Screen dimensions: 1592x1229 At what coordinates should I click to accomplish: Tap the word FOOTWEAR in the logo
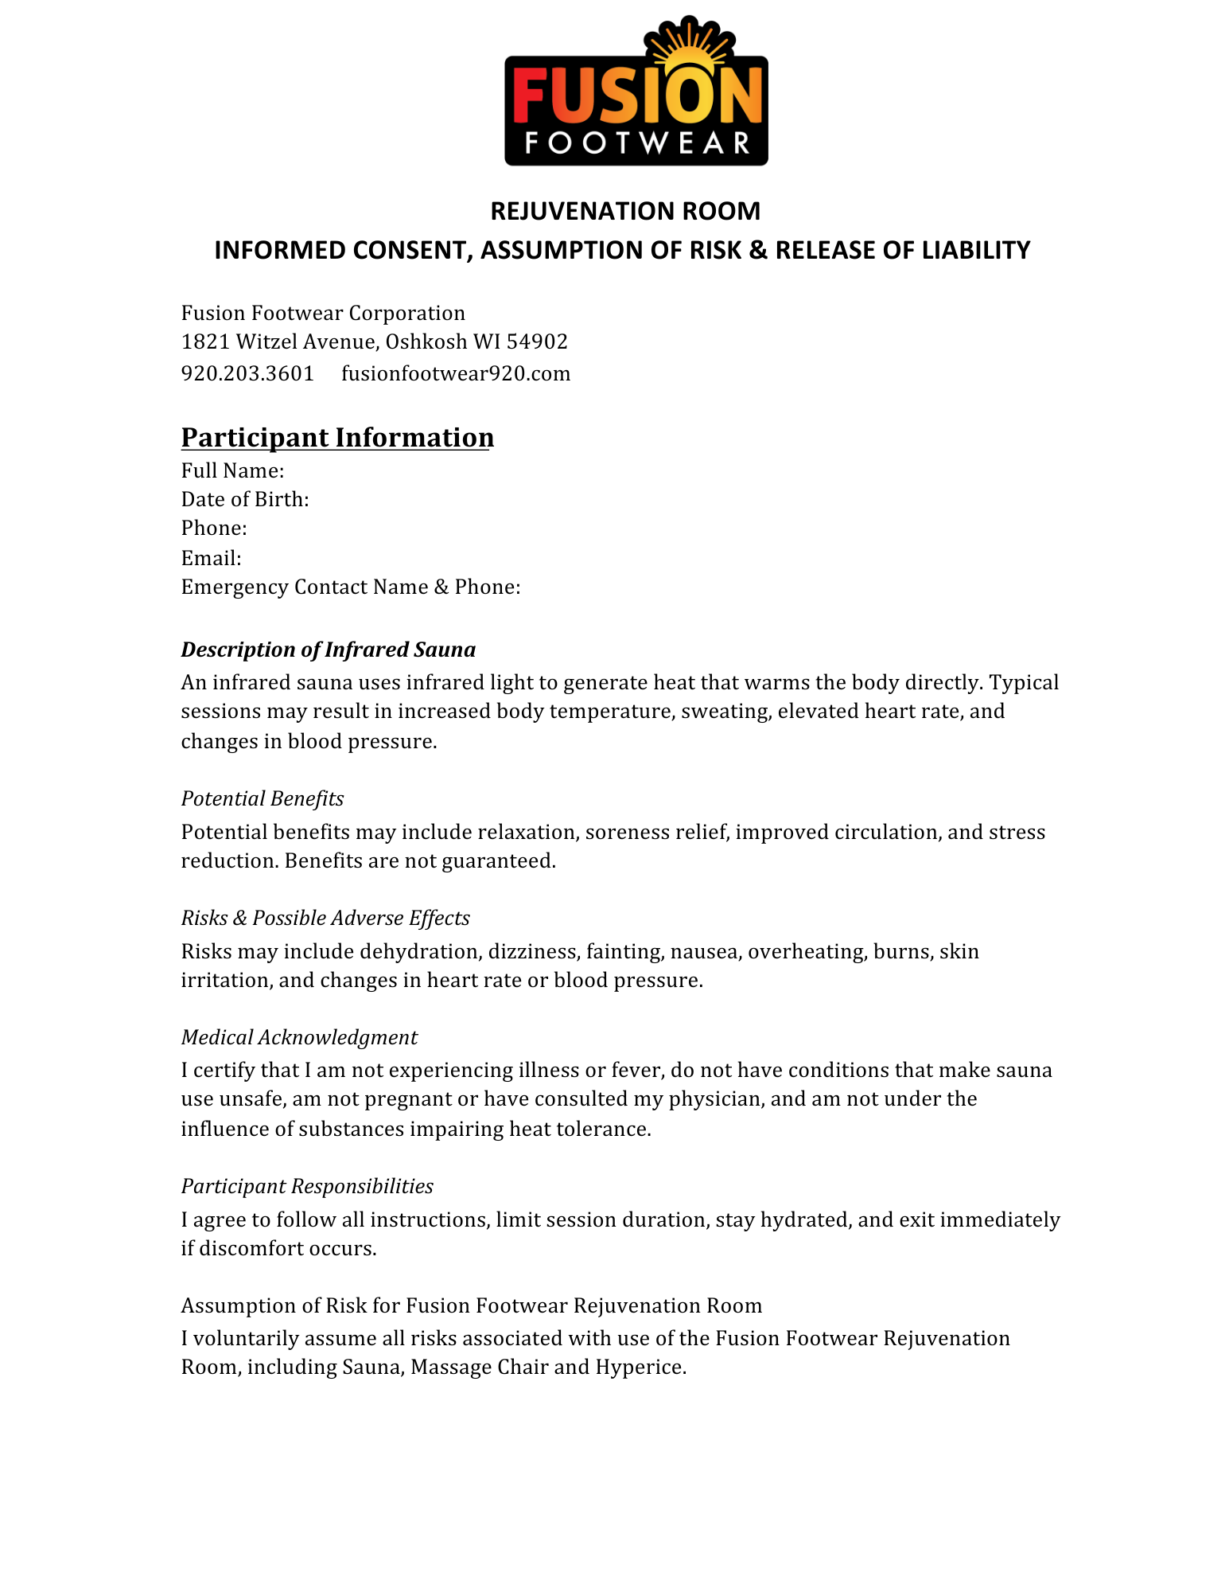pos(636,143)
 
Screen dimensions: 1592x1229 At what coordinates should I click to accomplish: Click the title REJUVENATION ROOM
pos(625,211)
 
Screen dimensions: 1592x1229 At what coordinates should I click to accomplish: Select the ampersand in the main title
pos(758,250)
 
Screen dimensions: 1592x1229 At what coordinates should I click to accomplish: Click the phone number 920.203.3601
pos(247,373)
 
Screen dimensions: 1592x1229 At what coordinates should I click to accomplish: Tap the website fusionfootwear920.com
pos(456,373)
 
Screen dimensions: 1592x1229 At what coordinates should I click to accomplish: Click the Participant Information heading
pos(337,438)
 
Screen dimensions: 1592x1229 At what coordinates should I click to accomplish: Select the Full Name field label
pos(232,470)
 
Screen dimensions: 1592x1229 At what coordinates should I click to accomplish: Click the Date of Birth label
pos(245,499)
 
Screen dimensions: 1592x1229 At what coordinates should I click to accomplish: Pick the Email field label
pos(211,558)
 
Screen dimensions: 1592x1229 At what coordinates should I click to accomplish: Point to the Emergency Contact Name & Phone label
pos(351,587)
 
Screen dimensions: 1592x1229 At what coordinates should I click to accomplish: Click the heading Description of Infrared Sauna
pos(328,650)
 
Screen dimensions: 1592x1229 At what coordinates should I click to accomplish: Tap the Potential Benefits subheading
pos(263,798)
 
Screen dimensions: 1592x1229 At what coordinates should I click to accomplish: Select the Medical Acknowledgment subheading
pos(299,1037)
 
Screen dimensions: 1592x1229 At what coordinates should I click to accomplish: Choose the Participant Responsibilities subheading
pos(307,1186)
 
